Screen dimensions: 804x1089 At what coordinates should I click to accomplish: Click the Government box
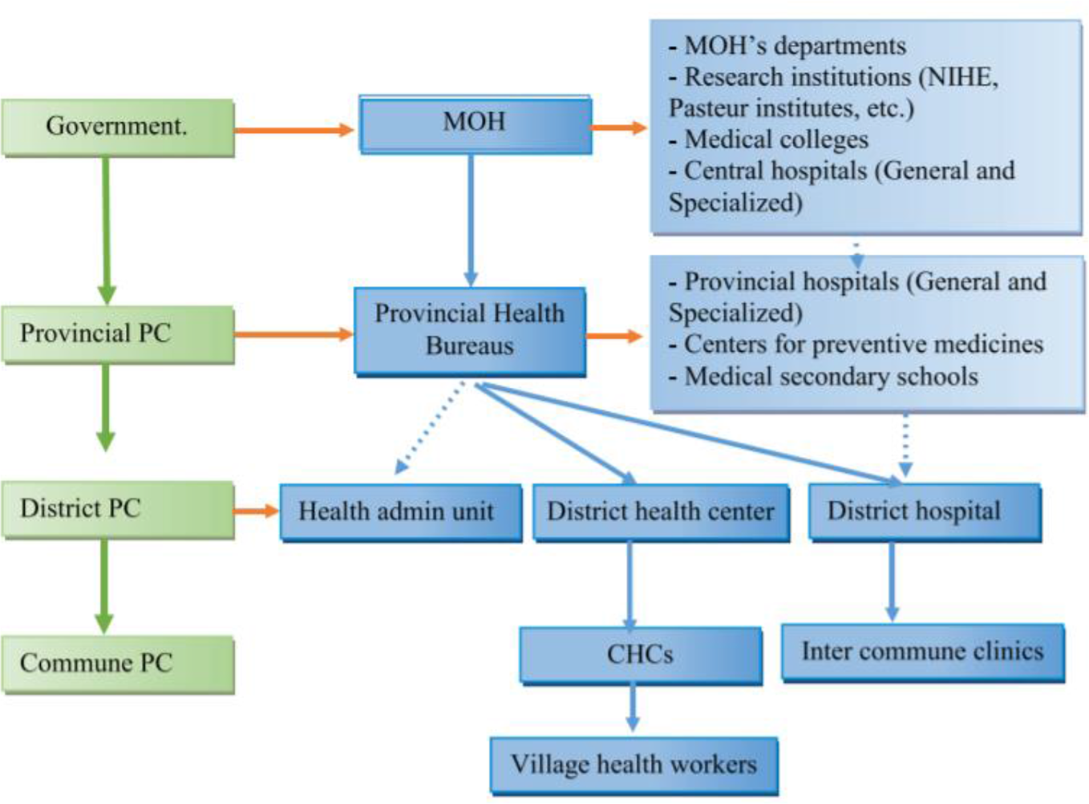pos(117,127)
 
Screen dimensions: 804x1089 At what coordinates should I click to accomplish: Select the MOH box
pos(475,123)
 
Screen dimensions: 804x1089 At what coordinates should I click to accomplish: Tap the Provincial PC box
pos(117,333)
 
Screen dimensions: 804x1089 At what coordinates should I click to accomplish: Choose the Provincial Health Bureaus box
pos(470,330)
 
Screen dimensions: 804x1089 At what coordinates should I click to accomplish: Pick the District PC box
pos(117,509)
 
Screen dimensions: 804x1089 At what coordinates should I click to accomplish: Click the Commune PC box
pos(117,664)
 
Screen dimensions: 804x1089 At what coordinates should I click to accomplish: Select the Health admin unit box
pos(399,511)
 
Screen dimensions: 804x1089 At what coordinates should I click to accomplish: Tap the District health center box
pos(661,511)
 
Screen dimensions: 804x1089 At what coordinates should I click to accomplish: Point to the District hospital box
pos(924,511)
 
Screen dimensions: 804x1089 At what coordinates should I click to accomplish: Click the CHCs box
pos(640,654)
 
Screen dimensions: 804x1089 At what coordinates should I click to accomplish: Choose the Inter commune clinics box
pos(922,652)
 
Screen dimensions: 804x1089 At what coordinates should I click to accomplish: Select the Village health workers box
pos(634,765)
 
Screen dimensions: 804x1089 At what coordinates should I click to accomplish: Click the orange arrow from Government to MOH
pos(294,130)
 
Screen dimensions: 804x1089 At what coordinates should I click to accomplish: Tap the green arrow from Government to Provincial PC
pos(106,228)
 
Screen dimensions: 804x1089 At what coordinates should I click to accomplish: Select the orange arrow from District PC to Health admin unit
pos(256,511)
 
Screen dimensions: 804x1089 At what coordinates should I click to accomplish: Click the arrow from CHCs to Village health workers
pos(633,707)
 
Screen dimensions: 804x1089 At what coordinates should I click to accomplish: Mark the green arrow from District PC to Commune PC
pos(104,585)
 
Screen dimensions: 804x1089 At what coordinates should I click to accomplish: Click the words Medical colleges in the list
pos(776,139)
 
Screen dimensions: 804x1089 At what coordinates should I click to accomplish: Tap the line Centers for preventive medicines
pos(863,345)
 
